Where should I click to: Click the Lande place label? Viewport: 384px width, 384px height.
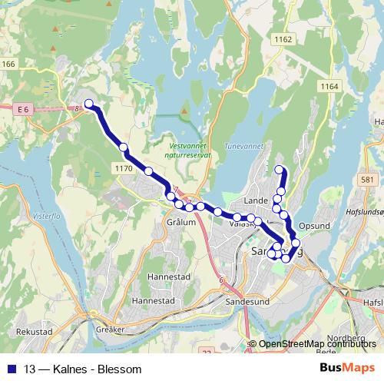point(253,200)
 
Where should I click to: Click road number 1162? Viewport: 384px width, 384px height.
point(283,39)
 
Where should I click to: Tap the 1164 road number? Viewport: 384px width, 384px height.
point(330,87)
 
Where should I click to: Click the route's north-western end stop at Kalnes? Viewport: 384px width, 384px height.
point(88,104)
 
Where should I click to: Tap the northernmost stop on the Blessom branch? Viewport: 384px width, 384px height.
point(280,170)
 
